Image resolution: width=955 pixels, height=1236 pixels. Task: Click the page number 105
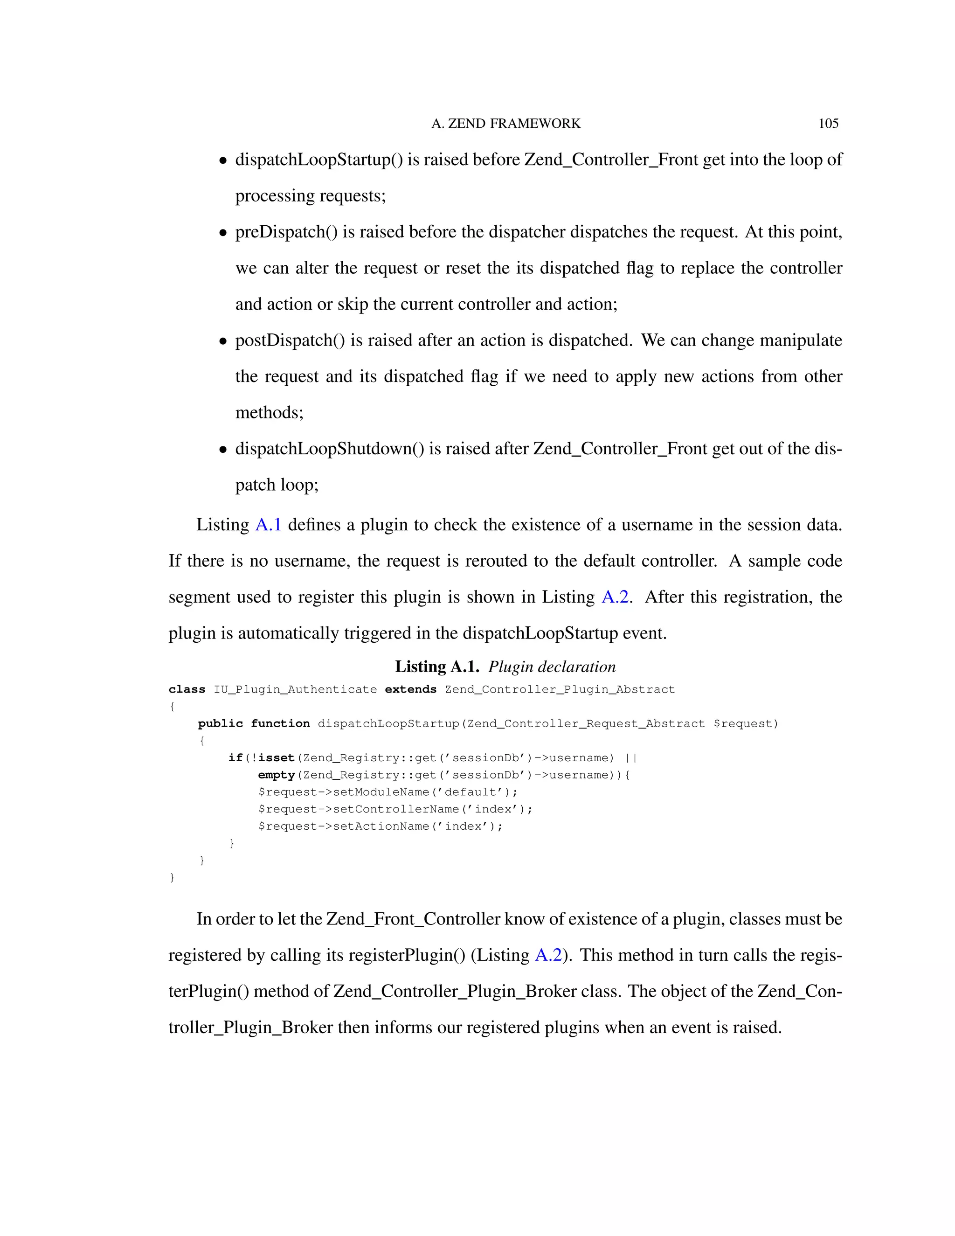(828, 124)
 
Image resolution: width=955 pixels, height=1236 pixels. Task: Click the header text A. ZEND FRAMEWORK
(506, 124)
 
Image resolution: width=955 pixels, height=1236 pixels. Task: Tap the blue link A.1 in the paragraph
(268, 525)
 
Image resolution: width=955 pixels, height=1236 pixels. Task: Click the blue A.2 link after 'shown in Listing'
(615, 597)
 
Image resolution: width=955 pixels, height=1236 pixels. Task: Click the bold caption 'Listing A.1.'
(437, 667)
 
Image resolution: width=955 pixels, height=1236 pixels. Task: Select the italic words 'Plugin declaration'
(552, 667)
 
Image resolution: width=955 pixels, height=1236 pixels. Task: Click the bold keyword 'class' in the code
(187, 689)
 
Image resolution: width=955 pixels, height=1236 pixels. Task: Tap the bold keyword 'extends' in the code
(410, 689)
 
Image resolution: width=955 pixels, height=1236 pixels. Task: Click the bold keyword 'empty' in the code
(277, 775)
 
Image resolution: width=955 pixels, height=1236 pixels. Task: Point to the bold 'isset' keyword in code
(276, 758)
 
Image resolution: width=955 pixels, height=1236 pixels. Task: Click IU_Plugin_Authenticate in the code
(295, 689)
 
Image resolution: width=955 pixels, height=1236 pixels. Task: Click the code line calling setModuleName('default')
(388, 792)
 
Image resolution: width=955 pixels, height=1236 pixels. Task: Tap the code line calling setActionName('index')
(380, 826)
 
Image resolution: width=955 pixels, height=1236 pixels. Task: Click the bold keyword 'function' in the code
(280, 724)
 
